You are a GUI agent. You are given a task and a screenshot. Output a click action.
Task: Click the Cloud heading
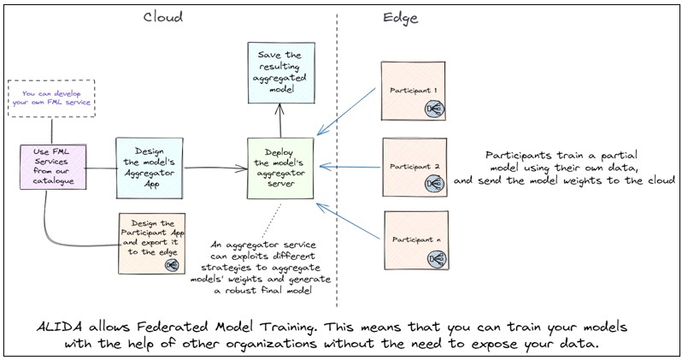coord(162,17)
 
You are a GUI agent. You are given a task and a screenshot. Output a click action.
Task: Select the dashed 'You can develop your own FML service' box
coord(49,97)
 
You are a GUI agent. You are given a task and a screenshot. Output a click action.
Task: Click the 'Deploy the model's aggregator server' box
coord(280,168)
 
